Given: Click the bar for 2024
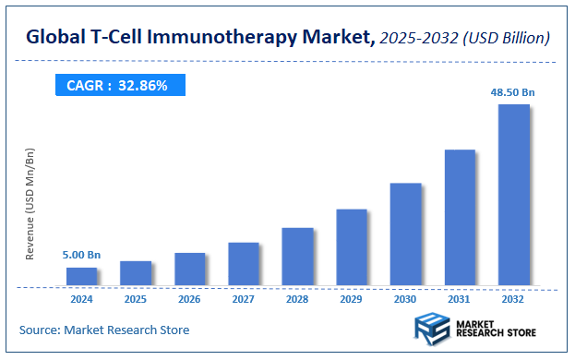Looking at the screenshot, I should tap(81, 277).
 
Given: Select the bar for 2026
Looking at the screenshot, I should tap(189, 270).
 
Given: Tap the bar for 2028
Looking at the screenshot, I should tap(297, 257).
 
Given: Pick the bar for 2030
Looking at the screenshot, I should tap(405, 234).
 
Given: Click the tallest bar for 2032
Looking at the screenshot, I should tap(513, 195).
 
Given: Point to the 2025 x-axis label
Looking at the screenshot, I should tap(135, 299).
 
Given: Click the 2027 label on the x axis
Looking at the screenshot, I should tap(243, 299).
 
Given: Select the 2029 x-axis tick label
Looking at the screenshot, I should tap(351, 299).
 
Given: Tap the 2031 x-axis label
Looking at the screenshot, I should tap(459, 299).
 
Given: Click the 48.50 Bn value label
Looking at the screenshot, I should tap(513, 92).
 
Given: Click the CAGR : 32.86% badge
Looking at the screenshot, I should tap(117, 86).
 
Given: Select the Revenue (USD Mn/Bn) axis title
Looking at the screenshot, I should tap(30, 203).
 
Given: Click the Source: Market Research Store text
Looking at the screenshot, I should tap(103, 330).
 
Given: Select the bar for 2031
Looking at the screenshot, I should tap(459, 218).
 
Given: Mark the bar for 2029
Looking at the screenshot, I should tap(351, 247).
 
